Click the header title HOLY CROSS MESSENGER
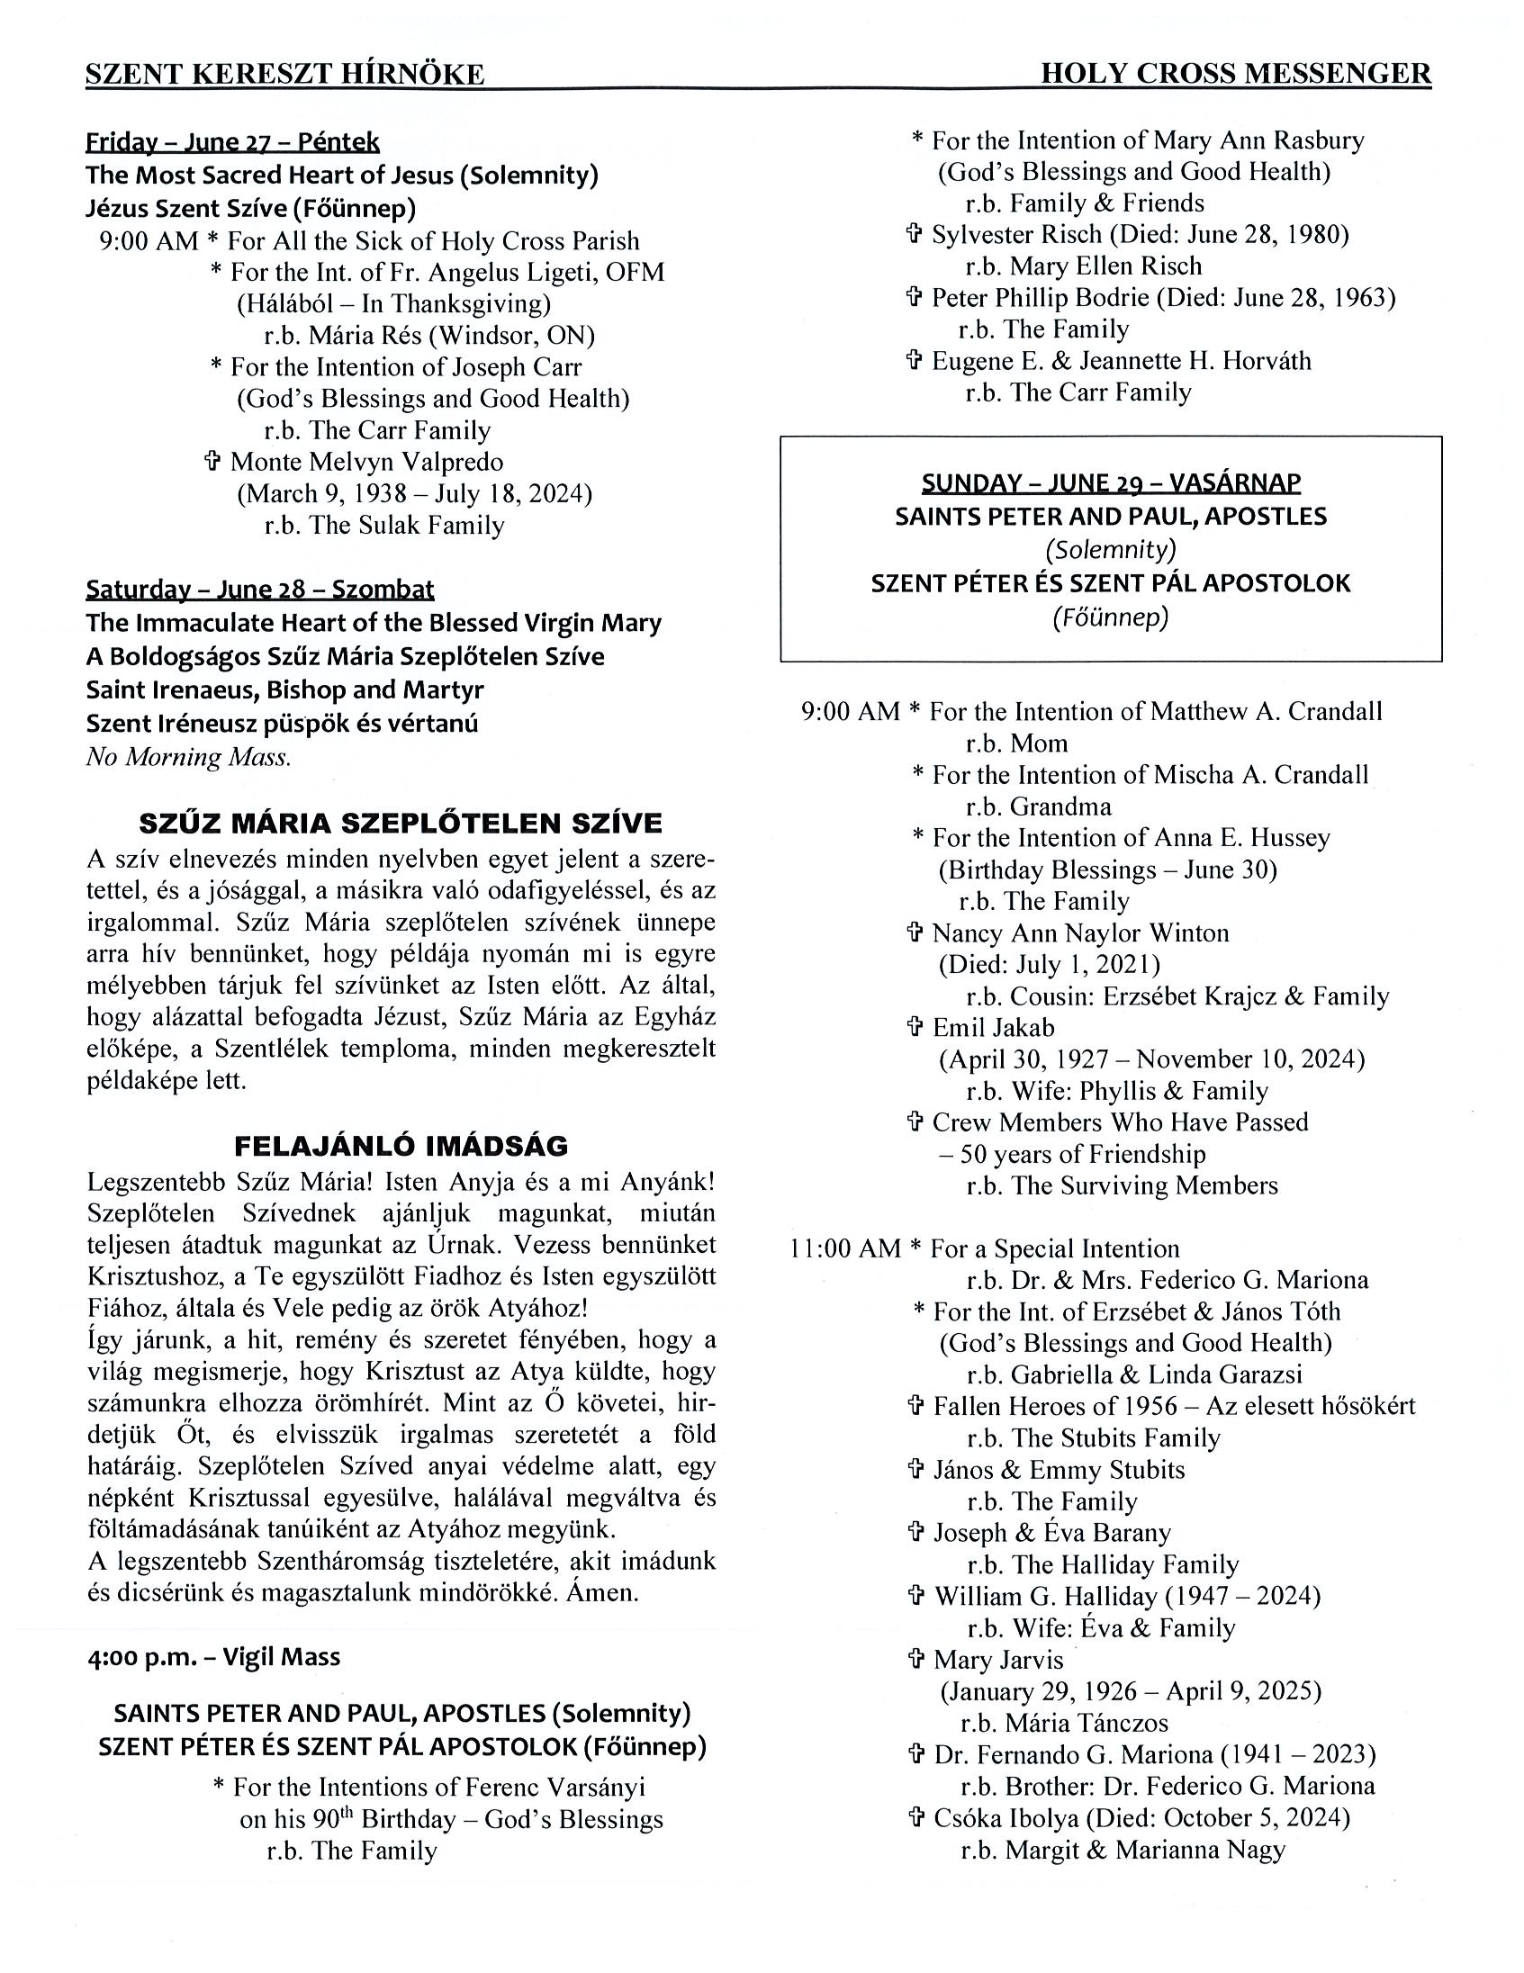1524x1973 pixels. coord(1235,73)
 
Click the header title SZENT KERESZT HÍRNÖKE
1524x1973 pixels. coord(284,74)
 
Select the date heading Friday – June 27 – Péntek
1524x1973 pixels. coord(232,143)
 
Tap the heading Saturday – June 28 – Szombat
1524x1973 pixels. coord(259,589)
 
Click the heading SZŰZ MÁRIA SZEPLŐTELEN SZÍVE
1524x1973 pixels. coord(401,823)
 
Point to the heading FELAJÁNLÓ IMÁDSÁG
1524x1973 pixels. coord(401,1147)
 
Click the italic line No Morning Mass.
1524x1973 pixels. coord(189,757)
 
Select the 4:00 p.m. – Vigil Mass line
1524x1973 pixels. coord(213,1656)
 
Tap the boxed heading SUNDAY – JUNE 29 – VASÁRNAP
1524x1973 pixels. coord(1110,483)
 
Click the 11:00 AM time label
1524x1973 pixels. coord(844,1248)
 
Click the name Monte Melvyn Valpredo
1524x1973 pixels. coord(365,462)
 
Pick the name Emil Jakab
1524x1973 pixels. coord(993,1027)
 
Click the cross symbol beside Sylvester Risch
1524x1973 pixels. coord(915,234)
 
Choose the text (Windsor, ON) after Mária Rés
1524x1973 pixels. coord(511,336)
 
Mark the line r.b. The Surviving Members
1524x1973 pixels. coord(1121,1185)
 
